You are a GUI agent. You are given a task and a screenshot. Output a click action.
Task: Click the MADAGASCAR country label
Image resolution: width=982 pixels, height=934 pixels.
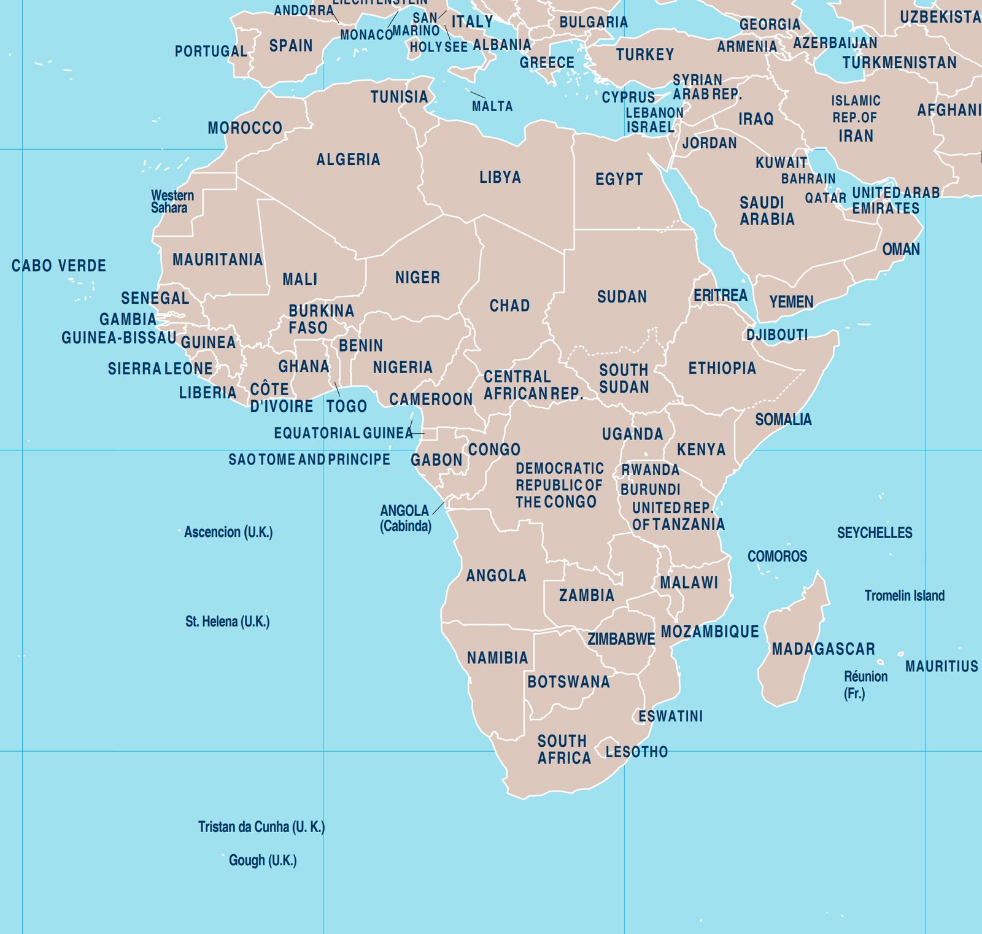point(823,649)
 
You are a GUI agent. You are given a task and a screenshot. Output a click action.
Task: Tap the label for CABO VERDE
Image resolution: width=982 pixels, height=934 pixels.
point(59,266)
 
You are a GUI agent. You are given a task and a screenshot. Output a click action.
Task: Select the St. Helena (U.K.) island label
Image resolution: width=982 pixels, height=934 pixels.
point(227,621)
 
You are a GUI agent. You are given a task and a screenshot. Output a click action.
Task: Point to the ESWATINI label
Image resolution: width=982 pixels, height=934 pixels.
point(670,716)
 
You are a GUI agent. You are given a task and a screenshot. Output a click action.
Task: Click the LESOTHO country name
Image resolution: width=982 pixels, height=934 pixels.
point(636,752)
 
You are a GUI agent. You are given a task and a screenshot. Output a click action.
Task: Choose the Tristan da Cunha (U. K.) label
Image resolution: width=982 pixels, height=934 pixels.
point(261,827)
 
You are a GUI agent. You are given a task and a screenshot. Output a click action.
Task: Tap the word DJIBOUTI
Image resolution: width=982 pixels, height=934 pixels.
point(777,335)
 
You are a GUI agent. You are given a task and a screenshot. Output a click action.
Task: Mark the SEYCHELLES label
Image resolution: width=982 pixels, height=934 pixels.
point(875,533)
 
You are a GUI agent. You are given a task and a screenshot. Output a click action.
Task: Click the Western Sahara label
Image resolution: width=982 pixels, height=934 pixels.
point(172,201)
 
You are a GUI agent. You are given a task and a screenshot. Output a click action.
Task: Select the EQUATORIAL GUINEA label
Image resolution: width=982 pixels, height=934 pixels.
point(343,433)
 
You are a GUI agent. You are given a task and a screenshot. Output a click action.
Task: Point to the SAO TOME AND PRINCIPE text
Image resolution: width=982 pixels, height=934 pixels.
point(309,460)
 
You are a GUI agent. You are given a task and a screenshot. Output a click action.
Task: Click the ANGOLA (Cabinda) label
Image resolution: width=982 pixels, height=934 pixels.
point(405,518)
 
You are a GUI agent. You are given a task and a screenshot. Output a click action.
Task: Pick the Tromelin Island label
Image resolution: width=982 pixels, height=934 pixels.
point(904,595)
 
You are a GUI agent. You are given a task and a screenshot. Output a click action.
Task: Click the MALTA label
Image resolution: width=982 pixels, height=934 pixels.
point(492,106)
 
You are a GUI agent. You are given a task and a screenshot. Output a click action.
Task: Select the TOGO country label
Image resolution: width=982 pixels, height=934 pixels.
point(347,406)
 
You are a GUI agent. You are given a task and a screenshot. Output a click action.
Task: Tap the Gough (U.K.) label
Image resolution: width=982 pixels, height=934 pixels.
point(263,860)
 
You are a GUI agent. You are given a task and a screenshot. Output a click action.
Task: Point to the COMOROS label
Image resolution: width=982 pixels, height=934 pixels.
point(777,556)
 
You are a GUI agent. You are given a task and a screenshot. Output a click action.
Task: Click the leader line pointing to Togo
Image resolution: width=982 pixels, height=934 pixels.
point(337,388)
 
